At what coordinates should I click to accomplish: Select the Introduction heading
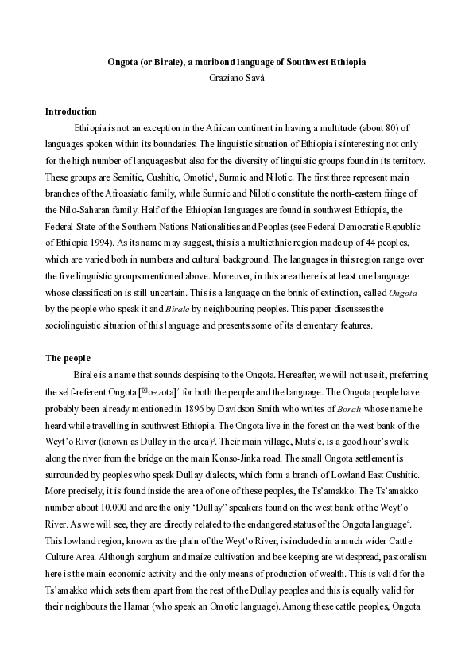click(x=71, y=111)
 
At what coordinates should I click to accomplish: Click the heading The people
click(x=68, y=358)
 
